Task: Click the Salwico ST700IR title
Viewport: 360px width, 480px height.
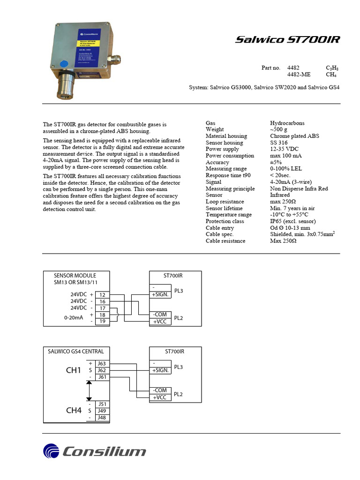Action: point(287,40)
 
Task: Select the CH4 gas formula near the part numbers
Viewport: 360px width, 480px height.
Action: point(331,75)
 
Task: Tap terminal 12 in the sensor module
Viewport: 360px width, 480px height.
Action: point(102,295)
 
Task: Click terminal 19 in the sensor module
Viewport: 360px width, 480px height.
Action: point(102,322)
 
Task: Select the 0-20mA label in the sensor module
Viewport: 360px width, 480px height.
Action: point(74,318)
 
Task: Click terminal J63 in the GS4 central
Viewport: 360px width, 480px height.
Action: point(102,363)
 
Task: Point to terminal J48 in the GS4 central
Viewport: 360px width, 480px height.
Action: point(102,417)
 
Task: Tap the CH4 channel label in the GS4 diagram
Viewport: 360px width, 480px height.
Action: point(74,411)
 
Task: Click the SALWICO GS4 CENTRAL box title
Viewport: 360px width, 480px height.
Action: point(76,351)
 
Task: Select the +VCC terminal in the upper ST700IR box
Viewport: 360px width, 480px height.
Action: point(159,322)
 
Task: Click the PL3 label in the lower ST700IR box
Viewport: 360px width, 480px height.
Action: point(179,367)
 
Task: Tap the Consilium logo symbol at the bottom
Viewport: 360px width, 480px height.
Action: point(52,451)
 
